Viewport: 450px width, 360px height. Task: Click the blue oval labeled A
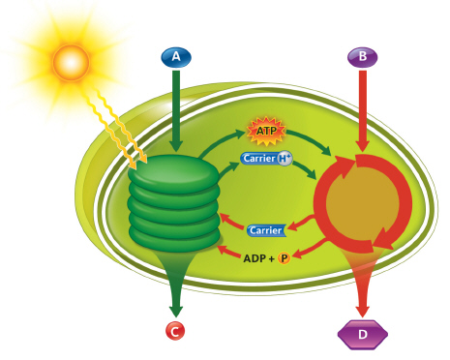pyautogui.click(x=175, y=57)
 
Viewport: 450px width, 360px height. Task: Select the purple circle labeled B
pyautogui.click(x=362, y=57)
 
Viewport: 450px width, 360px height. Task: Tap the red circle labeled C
pyautogui.click(x=175, y=331)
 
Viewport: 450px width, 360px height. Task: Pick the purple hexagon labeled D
pyautogui.click(x=362, y=335)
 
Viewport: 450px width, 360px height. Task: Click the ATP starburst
pyautogui.click(x=265, y=130)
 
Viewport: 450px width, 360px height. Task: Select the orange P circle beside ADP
pyautogui.click(x=285, y=258)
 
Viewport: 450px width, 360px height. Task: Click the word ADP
pyautogui.click(x=254, y=258)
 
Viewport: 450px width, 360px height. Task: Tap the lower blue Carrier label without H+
pyautogui.click(x=266, y=229)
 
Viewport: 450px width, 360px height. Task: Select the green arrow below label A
pyautogui.click(x=175, y=106)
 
